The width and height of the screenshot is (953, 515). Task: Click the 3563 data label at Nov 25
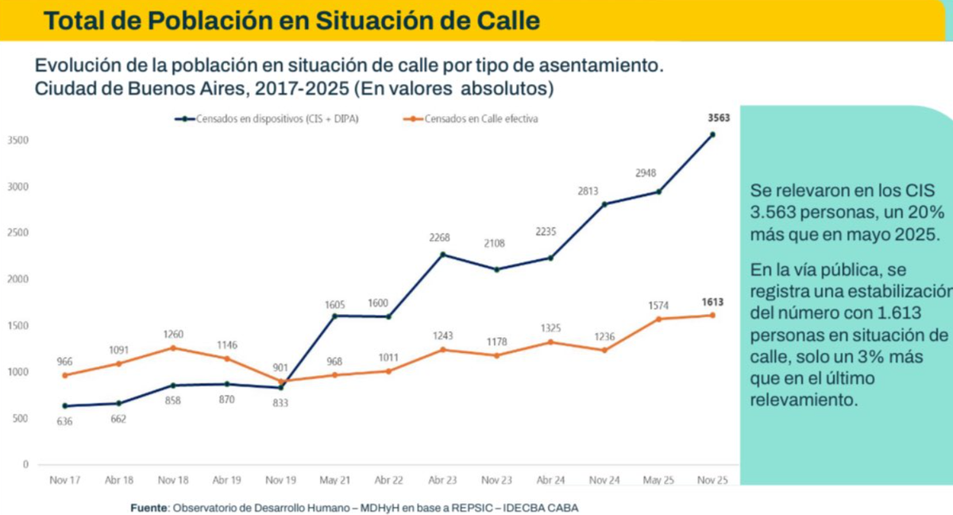pyautogui.click(x=718, y=118)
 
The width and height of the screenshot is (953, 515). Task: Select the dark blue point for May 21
pyautogui.click(x=335, y=316)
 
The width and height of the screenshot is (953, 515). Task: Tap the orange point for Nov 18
pyautogui.click(x=172, y=347)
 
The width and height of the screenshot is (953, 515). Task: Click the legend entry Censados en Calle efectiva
pyautogui.click(x=472, y=119)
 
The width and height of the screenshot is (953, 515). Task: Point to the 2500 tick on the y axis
pyautogui.click(x=18, y=234)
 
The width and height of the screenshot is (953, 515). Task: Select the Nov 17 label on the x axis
pyautogui.click(x=64, y=481)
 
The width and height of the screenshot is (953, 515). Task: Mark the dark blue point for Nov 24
pyautogui.click(x=604, y=204)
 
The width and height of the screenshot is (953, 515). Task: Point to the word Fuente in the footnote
pyautogui.click(x=149, y=507)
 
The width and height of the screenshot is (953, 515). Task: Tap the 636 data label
pyautogui.click(x=64, y=421)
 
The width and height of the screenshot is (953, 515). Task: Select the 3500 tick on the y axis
pyautogui.click(x=18, y=141)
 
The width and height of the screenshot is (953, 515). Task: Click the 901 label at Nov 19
pyautogui.click(x=280, y=367)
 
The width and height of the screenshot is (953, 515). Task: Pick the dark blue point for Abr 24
pyautogui.click(x=550, y=257)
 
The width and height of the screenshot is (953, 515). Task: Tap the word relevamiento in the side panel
pyautogui.click(x=804, y=399)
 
